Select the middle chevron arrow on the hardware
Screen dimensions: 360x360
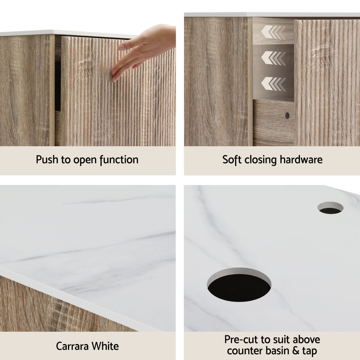click(x=273, y=58)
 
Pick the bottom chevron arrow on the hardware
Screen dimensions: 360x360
click(x=273, y=84)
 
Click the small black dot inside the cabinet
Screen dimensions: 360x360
click(x=287, y=116)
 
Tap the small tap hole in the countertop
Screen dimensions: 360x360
click(x=330, y=208)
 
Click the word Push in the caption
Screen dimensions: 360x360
click(x=47, y=159)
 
